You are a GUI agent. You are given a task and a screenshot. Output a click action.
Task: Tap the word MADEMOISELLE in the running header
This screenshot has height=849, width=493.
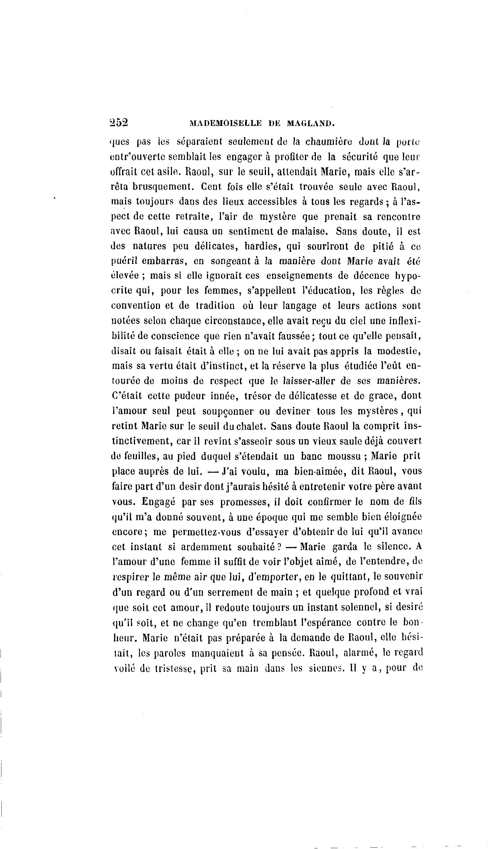[x=225, y=123]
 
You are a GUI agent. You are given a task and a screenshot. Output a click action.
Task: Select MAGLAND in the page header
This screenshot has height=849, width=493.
[x=310, y=123]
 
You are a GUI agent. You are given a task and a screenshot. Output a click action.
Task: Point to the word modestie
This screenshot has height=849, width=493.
[x=398, y=351]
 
